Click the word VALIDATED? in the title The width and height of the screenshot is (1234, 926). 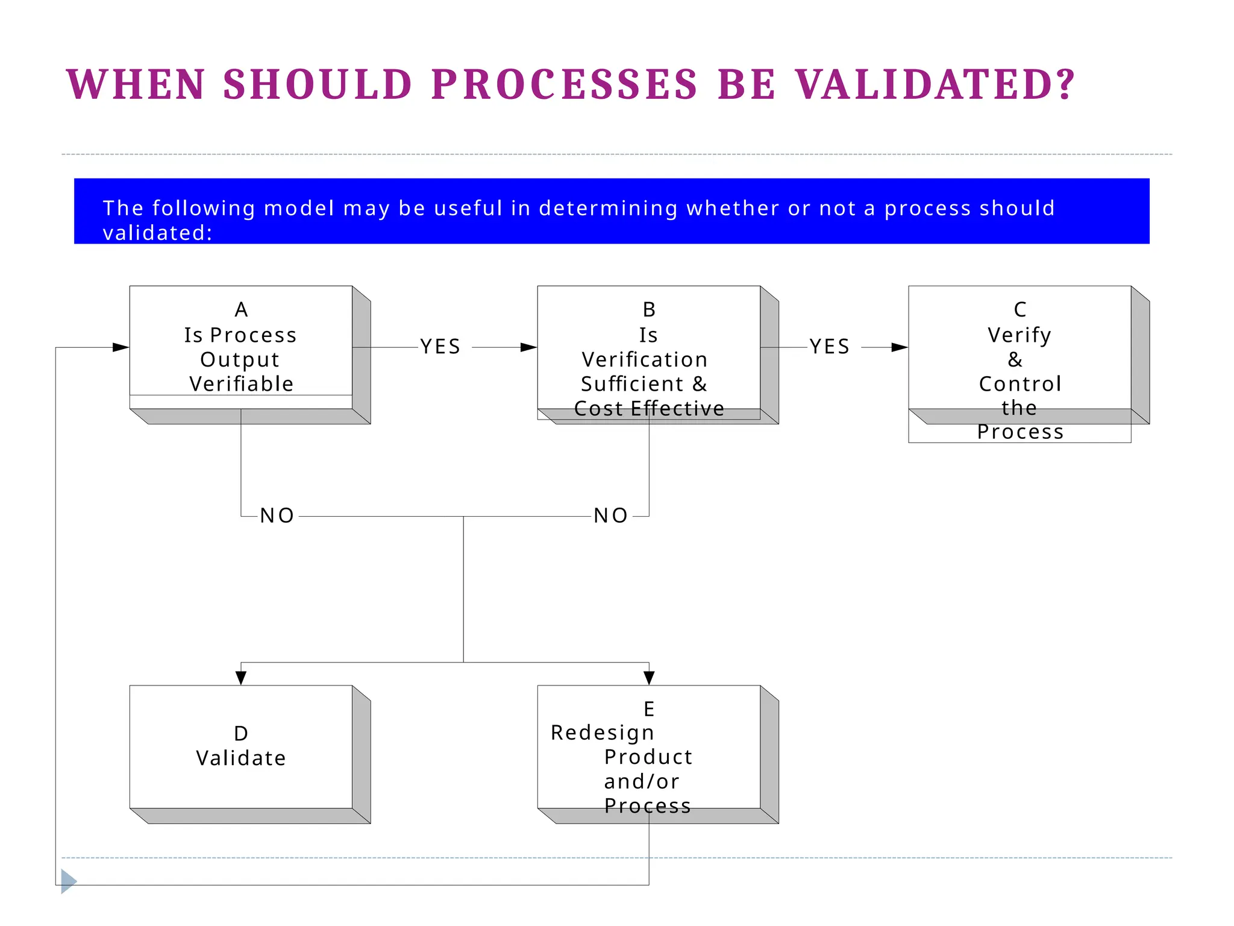[x=935, y=84]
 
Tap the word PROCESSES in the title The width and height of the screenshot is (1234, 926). [x=565, y=84]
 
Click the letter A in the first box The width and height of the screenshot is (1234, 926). [x=241, y=310]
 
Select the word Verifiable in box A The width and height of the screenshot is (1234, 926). [x=241, y=384]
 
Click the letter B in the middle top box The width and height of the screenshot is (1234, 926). [x=649, y=310]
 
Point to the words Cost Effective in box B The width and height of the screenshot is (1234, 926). [x=649, y=409]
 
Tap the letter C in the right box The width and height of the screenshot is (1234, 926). [x=1019, y=310]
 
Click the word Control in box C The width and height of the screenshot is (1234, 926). [x=1019, y=384]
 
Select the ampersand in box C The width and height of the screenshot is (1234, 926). [x=1015, y=360]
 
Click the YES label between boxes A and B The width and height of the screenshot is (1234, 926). [x=440, y=347]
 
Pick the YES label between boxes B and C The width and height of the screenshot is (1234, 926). [x=830, y=347]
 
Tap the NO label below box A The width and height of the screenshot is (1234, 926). [x=277, y=516]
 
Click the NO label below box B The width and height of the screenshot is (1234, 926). [x=611, y=516]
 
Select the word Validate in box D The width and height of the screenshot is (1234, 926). [x=241, y=758]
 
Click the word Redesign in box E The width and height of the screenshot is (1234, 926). [x=603, y=733]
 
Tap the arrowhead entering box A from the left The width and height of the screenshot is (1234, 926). [x=121, y=347]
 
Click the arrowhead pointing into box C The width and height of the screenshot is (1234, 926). [x=900, y=347]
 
